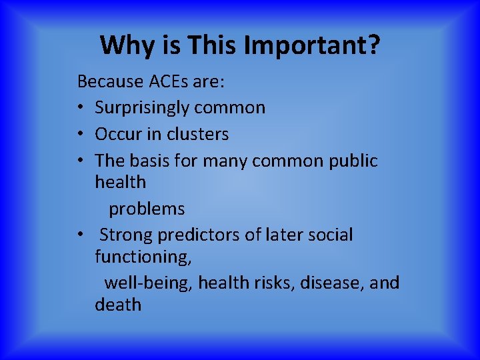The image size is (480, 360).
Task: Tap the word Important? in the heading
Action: pyautogui.click(x=313, y=45)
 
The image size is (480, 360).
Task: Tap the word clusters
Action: pyautogui.click(x=197, y=134)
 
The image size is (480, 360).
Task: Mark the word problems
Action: pyautogui.click(x=147, y=209)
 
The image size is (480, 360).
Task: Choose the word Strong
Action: pyautogui.click(x=127, y=235)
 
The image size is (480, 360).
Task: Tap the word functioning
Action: pyautogui.click(x=142, y=257)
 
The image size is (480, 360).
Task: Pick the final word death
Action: pyautogui.click(x=118, y=305)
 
